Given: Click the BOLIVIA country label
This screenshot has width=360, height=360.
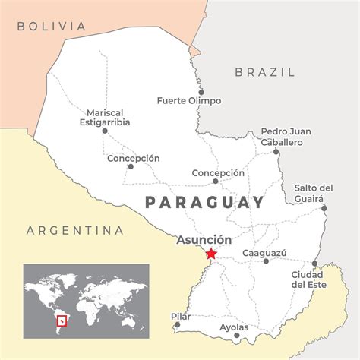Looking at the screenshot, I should [x=52, y=26].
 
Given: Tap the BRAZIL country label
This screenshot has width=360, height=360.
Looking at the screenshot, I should [x=264, y=72].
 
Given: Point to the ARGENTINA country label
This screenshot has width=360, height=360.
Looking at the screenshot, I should [x=74, y=230].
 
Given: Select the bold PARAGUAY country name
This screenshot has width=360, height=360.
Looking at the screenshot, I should [x=204, y=202].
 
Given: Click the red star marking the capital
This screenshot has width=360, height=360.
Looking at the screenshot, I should [x=211, y=254].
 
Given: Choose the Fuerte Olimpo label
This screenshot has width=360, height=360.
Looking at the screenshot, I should [x=188, y=100].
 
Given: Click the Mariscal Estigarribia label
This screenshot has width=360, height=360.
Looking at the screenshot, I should [x=105, y=116].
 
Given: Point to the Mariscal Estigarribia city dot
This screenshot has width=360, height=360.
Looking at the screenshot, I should [x=105, y=131].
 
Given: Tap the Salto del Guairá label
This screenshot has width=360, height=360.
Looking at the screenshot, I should [x=314, y=193].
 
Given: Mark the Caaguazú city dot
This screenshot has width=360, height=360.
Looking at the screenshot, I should [x=265, y=261].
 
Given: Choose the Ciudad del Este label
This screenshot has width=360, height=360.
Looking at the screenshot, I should [x=311, y=279].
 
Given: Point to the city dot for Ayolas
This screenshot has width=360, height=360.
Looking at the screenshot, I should [x=237, y=335].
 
